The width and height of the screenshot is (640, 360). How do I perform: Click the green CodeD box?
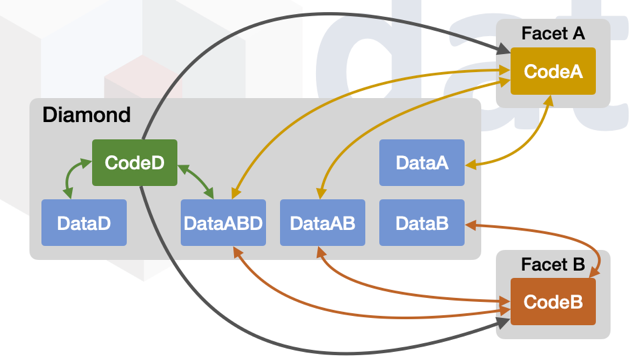coord(135,163)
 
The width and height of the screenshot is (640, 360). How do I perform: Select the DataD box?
coord(84,223)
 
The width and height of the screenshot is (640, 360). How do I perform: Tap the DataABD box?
coord(223,223)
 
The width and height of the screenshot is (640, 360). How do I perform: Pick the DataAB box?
coord(322,223)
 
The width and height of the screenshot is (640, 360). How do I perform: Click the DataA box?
coord(422,163)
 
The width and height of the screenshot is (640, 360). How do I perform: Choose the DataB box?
coord(422,223)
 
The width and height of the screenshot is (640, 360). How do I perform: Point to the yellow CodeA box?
coord(553,72)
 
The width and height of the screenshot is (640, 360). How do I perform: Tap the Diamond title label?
coord(86,115)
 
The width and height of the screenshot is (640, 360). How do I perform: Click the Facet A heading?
coord(553,34)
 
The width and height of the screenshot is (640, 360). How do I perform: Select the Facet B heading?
coord(553,265)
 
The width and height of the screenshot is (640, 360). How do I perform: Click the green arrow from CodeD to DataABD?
coord(197,179)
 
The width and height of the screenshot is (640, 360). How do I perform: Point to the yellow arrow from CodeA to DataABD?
coord(330,90)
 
